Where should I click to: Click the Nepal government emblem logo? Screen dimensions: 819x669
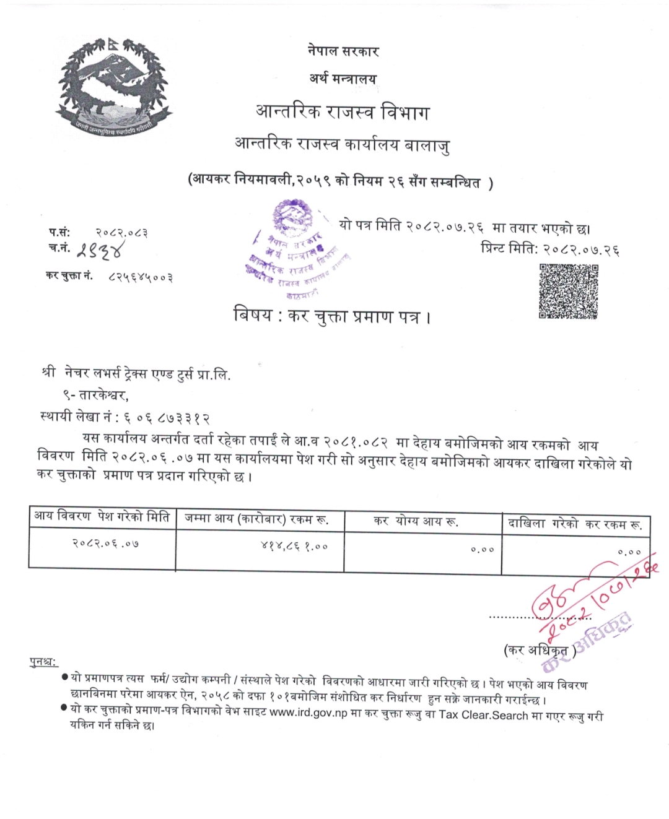[113, 87]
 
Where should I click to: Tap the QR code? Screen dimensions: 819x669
[569, 291]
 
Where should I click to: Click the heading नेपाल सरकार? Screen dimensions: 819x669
[343, 51]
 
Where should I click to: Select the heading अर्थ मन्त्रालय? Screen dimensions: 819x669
[343, 79]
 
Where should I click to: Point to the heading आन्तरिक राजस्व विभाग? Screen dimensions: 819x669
[343, 113]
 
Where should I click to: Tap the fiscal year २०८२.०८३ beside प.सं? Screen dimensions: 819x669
[121, 233]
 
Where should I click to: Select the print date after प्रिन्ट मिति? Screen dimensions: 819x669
[581, 249]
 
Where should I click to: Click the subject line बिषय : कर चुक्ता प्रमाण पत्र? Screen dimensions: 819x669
[332, 316]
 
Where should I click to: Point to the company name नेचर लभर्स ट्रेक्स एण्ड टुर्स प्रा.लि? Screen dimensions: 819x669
[147, 374]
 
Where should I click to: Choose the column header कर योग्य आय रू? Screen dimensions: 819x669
[416, 521]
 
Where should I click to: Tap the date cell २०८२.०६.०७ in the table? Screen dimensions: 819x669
[105, 544]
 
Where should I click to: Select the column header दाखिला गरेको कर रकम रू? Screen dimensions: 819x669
[575, 524]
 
